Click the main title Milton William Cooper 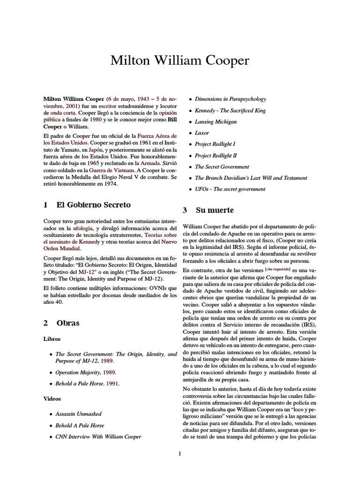click(x=180, y=60)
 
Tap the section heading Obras click(x=68, y=323)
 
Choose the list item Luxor click(x=202, y=133)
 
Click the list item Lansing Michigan click(x=216, y=122)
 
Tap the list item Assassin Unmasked click(x=78, y=414)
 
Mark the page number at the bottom click(x=180, y=466)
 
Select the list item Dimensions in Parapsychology click(x=231, y=99)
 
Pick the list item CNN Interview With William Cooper click(x=98, y=437)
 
